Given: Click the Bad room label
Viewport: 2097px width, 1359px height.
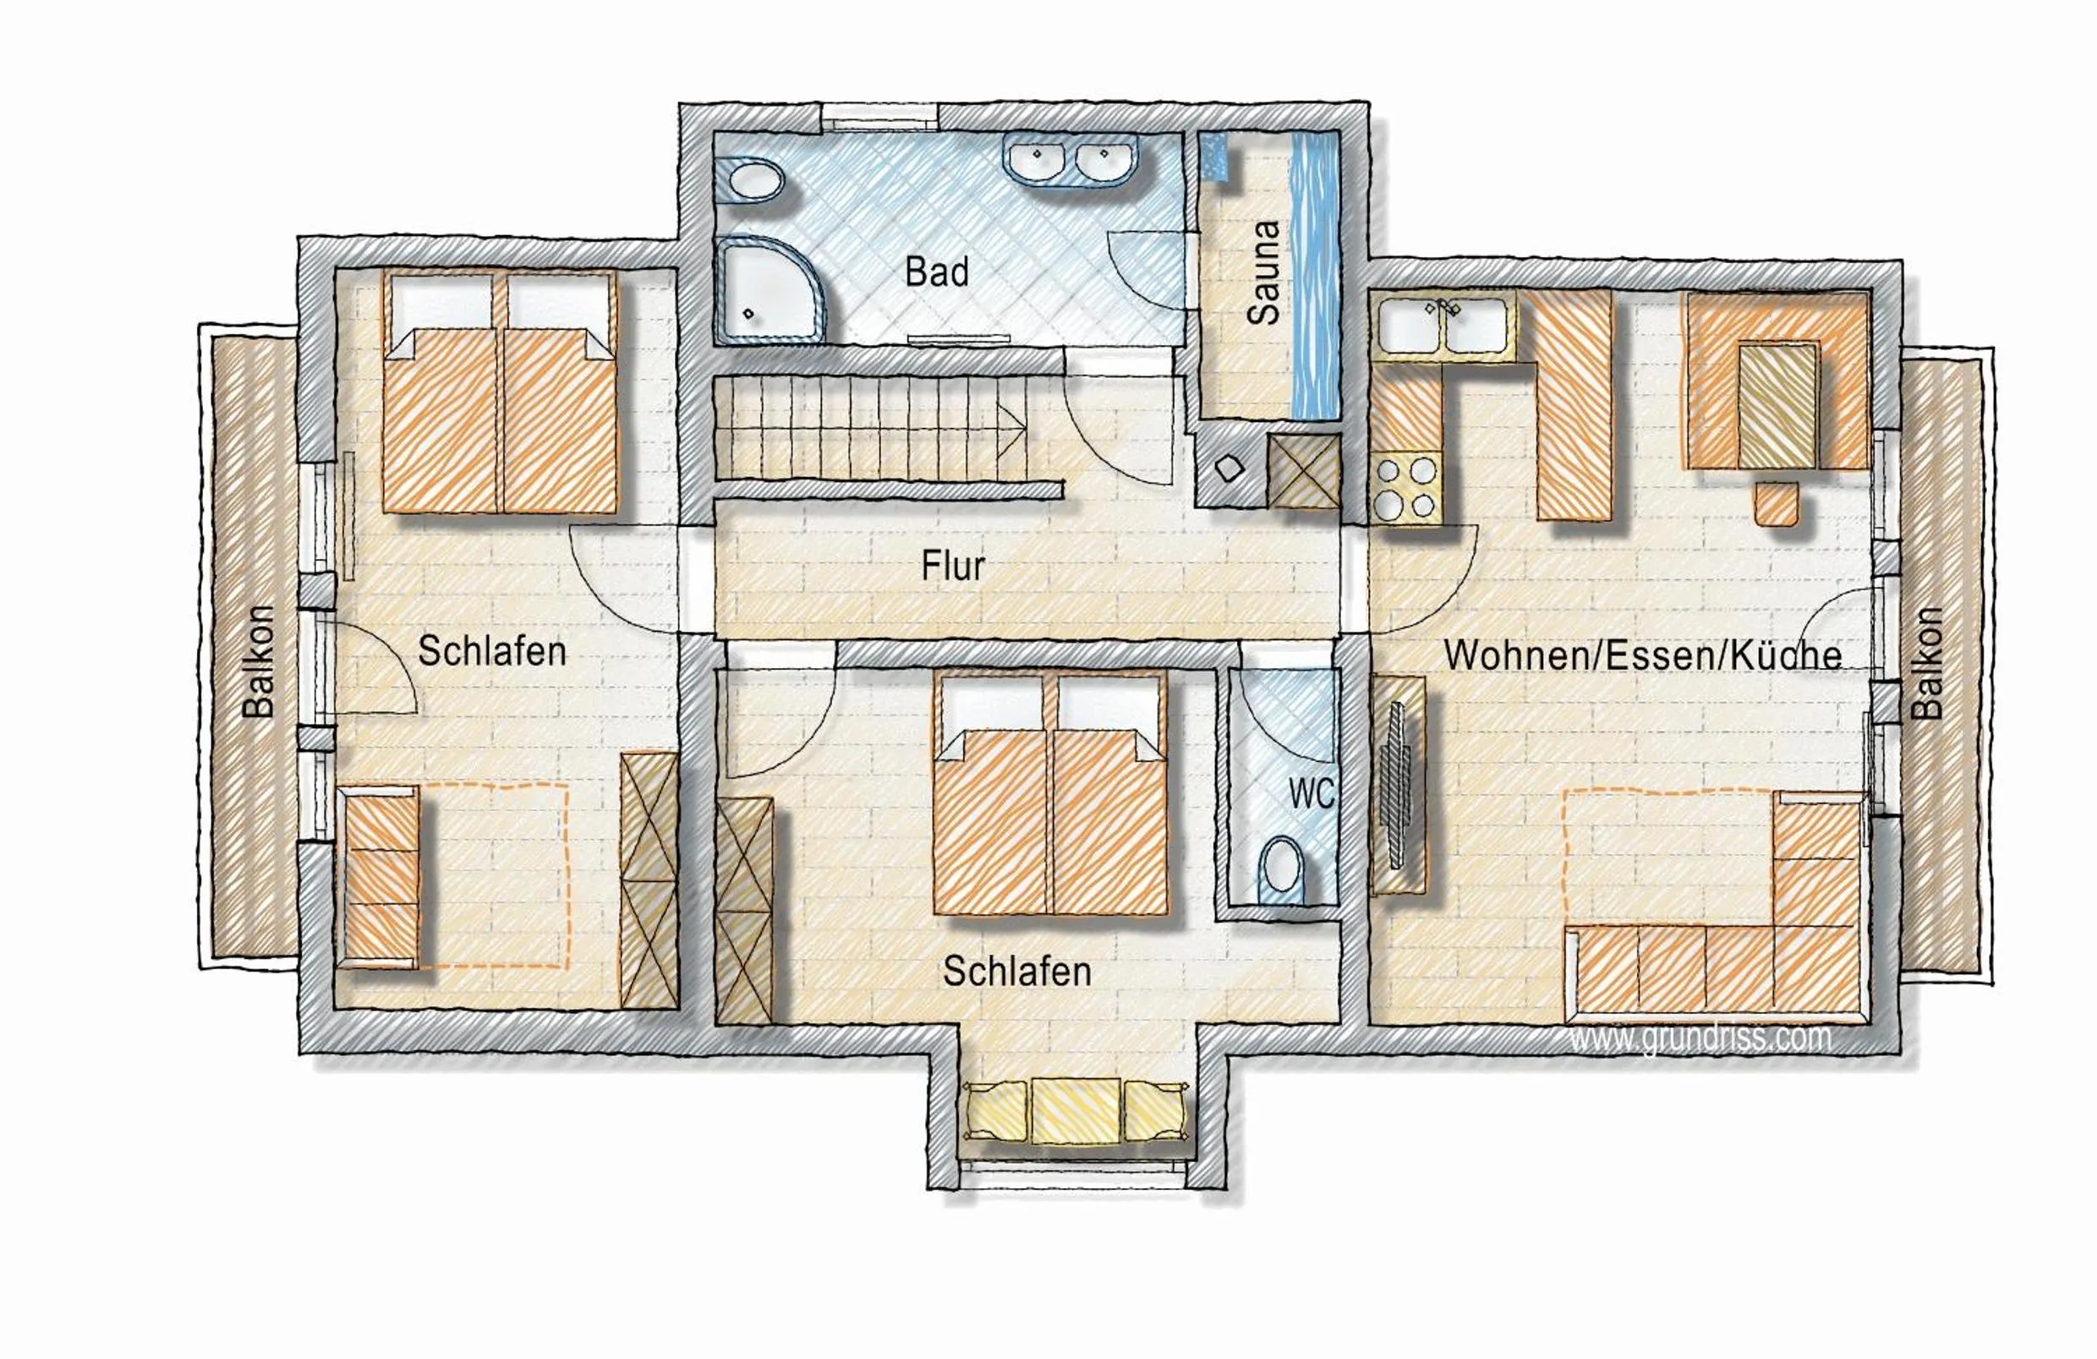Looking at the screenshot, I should [x=937, y=272].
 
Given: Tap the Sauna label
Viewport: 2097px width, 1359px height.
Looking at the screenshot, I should [x=1264, y=272].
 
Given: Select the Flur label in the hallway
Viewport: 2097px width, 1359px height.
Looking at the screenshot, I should [x=952, y=566].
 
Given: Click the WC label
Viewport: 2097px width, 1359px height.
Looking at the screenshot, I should [x=1311, y=794].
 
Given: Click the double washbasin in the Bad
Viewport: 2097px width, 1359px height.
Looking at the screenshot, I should [x=1070, y=162].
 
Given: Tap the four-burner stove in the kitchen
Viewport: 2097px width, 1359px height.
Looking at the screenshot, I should [x=1405, y=488].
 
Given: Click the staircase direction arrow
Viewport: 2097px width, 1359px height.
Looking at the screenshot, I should [x=1013, y=431].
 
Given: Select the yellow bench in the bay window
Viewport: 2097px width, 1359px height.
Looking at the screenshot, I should [x=1076, y=1110].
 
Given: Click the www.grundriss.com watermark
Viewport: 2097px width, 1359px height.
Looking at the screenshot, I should [x=1700, y=1038].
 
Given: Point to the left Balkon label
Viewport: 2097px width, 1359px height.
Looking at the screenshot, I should [x=259, y=661].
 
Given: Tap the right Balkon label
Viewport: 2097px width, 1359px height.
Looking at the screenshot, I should [x=1927, y=663].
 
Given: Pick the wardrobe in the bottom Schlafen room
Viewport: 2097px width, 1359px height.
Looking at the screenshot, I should [x=745, y=912].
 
